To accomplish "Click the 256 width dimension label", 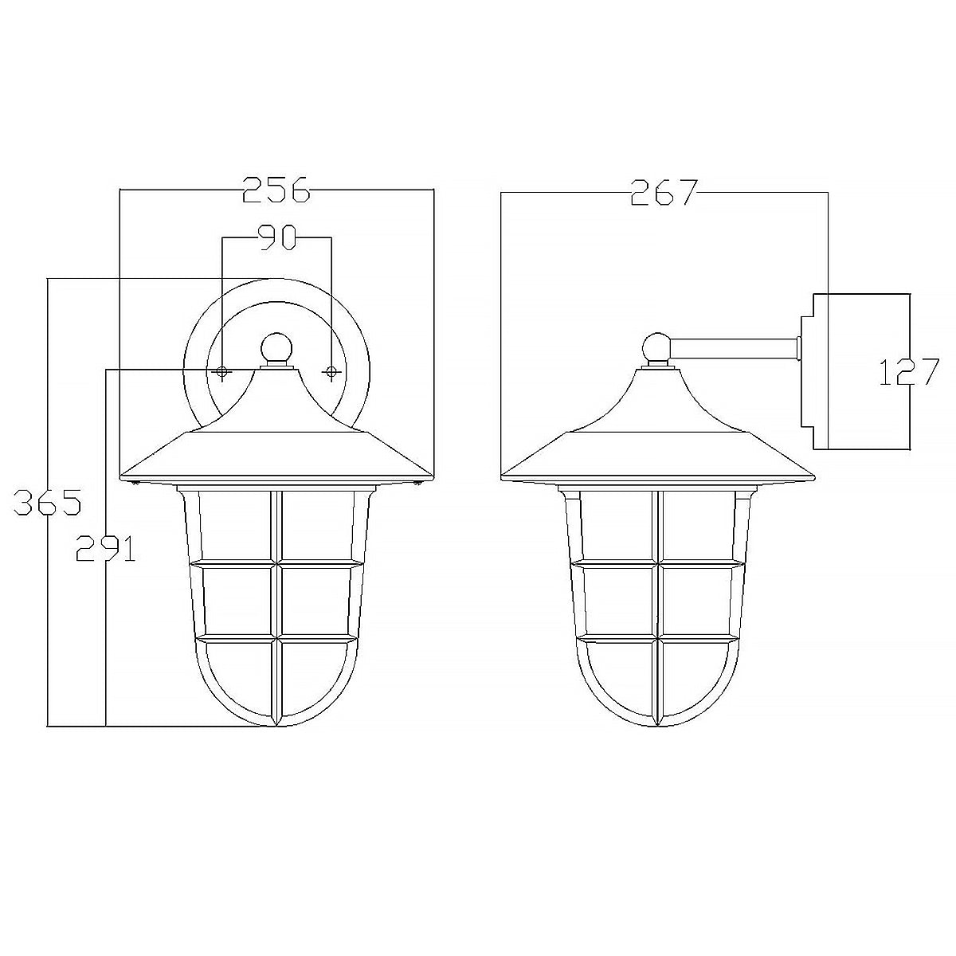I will (x=276, y=191).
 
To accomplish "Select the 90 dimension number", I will (x=276, y=237).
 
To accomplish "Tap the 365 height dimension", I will (x=48, y=503).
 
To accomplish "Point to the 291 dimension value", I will (x=105, y=548).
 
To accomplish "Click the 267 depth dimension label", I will (x=664, y=193).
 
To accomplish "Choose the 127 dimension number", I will (x=909, y=372).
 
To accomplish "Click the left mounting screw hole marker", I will (x=222, y=372).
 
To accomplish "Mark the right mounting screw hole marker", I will (x=331, y=372).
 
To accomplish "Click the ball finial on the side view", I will (x=656, y=347).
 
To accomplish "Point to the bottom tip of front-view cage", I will (x=276, y=724).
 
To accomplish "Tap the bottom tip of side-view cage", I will (x=656, y=724).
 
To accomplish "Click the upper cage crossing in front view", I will (x=276, y=563).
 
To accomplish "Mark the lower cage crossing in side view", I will (x=656, y=639).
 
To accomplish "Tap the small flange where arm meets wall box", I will (x=797, y=347).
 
